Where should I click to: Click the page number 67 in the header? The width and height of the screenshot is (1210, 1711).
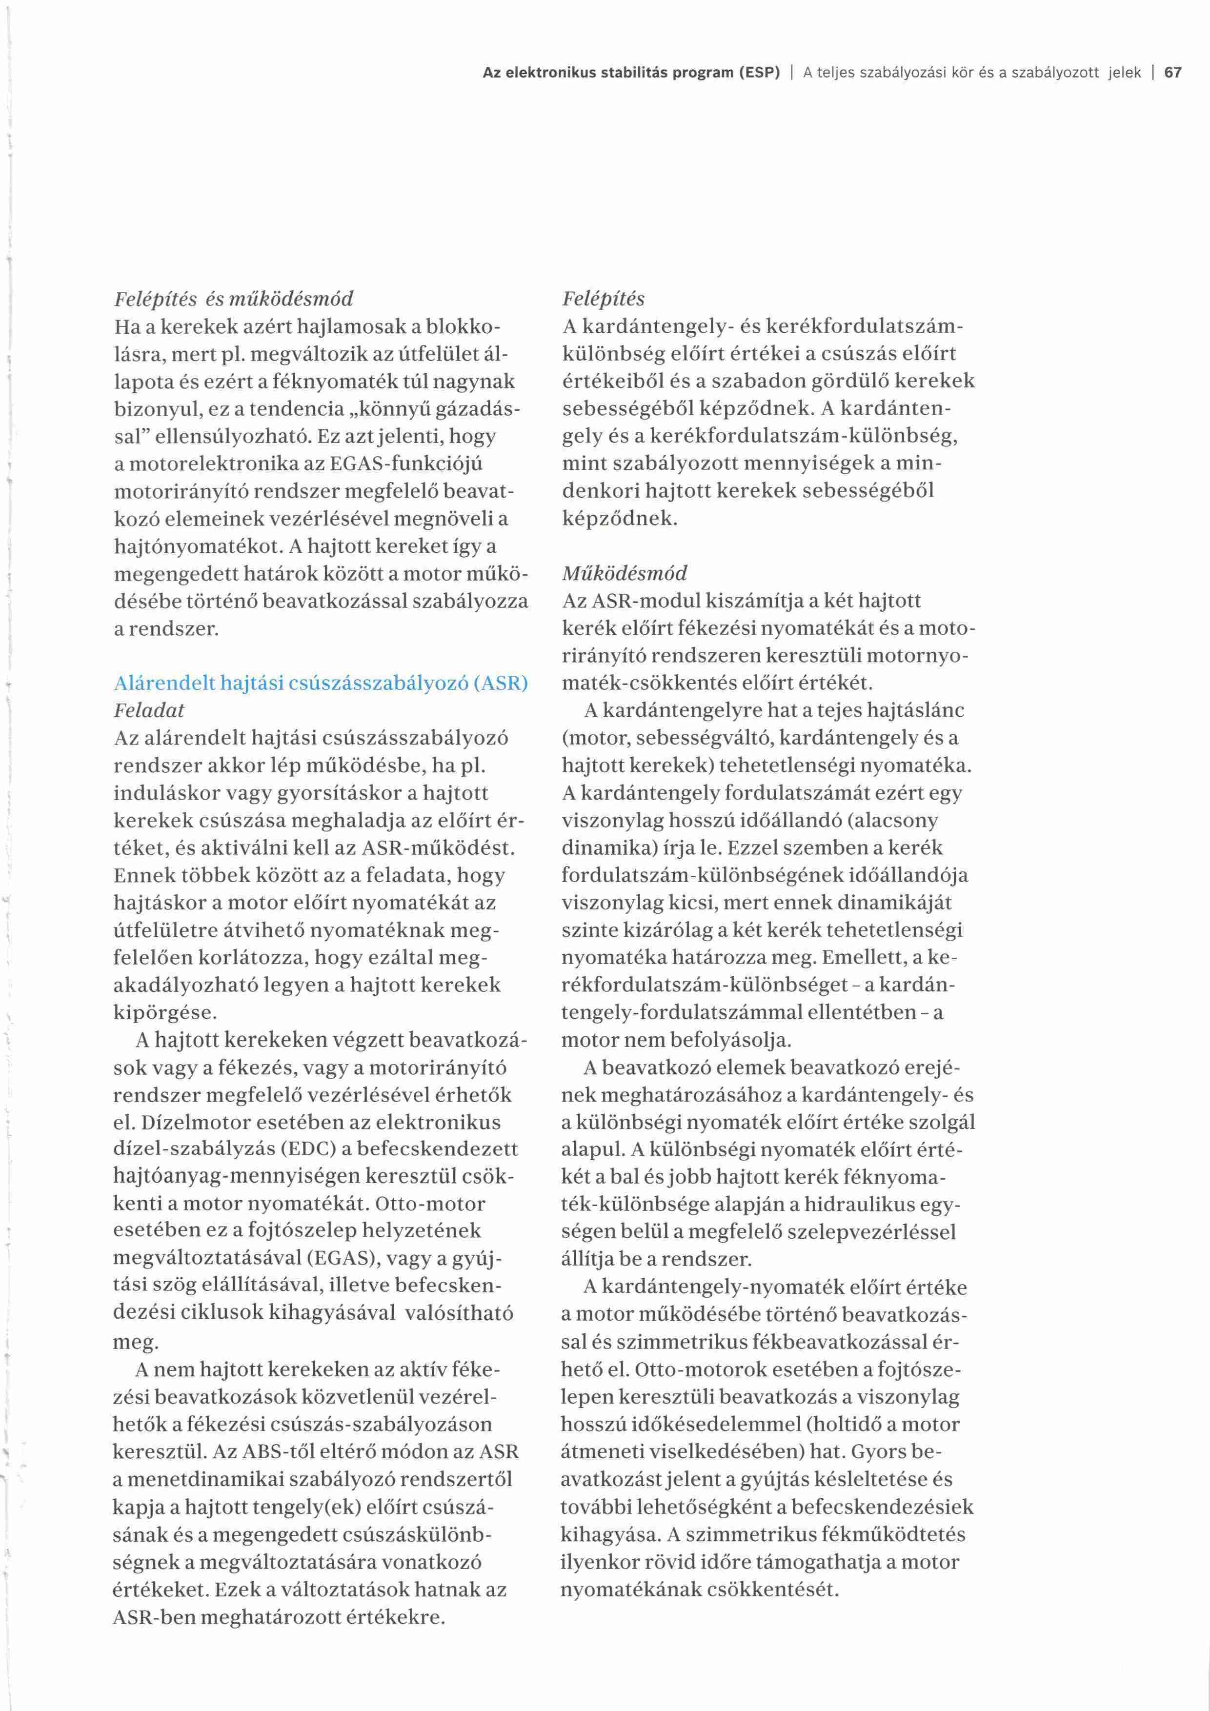tap(1173, 73)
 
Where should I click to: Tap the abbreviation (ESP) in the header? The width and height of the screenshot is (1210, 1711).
tap(759, 73)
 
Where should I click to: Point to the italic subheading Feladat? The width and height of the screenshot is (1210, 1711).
tap(149, 710)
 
